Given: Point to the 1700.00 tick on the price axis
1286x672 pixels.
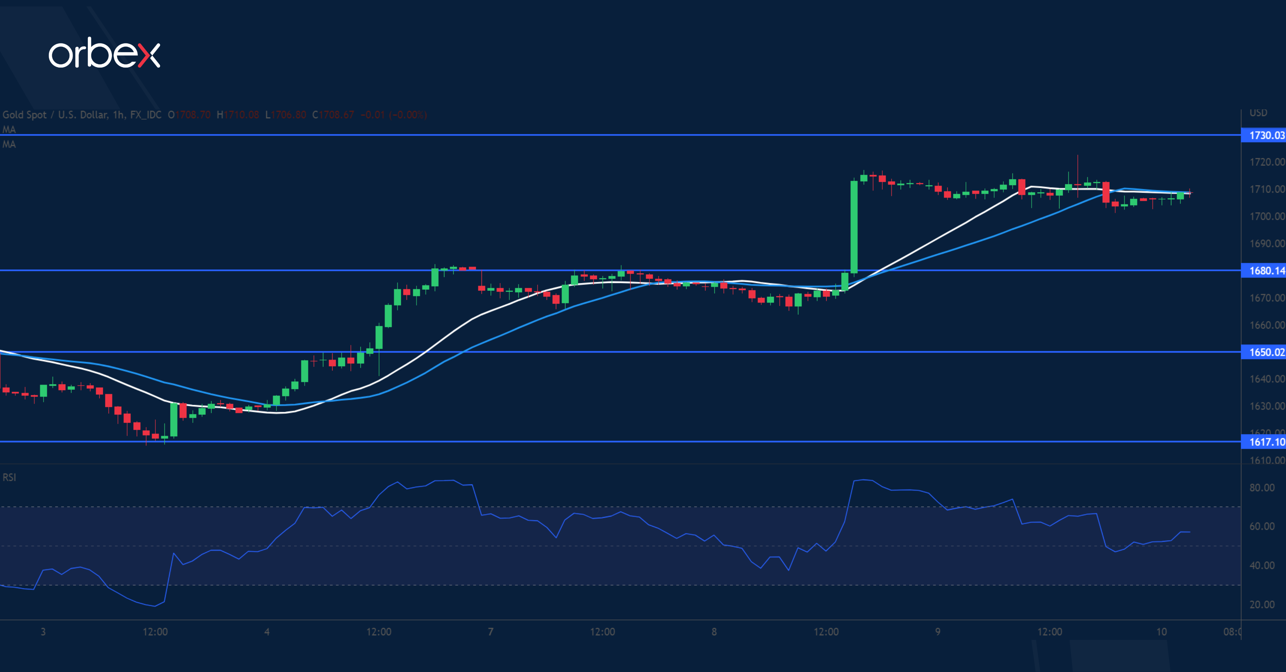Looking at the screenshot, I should pyautogui.click(x=1266, y=216).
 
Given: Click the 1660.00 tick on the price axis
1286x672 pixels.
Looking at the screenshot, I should pyautogui.click(x=1266, y=325).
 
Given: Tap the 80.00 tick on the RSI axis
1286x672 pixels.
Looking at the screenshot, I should pyautogui.click(x=1262, y=488).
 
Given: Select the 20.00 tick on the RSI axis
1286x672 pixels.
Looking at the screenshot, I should pyautogui.click(x=1262, y=604).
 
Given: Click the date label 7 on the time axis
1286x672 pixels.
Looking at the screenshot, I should pyautogui.click(x=491, y=632).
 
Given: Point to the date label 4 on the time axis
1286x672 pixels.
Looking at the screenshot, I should pyautogui.click(x=267, y=632).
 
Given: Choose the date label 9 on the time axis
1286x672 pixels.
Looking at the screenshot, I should pyautogui.click(x=938, y=632).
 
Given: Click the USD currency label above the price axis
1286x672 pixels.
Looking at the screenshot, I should pyautogui.click(x=1258, y=113).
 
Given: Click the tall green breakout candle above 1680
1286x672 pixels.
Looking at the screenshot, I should pyautogui.click(x=854, y=227).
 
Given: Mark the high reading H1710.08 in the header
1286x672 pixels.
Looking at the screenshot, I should pyautogui.click(x=238, y=115).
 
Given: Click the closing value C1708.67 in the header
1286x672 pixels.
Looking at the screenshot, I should pyautogui.click(x=333, y=115).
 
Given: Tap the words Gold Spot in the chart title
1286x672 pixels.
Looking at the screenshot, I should pyautogui.click(x=24, y=115).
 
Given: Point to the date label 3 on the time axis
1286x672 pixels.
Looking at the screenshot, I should pyautogui.click(x=44, y=632).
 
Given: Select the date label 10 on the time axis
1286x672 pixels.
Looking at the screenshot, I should pyautogui.click(x=1162, y=632).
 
